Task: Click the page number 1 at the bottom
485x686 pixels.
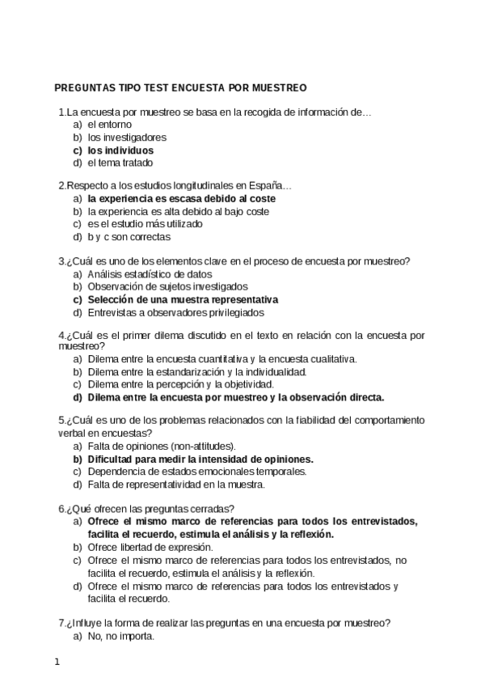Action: [57, 663]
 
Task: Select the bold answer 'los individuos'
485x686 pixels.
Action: [120, 150]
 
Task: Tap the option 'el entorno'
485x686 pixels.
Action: [109, 125]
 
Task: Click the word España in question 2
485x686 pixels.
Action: [272, 185]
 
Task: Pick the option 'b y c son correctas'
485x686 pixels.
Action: [129, 236]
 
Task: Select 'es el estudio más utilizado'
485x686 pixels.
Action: [145, 223]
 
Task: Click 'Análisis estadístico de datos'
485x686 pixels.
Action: [150, 273]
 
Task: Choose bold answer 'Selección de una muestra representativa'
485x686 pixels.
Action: [183, 299]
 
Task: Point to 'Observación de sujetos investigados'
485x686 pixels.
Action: [167, 286]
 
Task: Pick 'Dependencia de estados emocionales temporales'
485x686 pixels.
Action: [196, 471]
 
